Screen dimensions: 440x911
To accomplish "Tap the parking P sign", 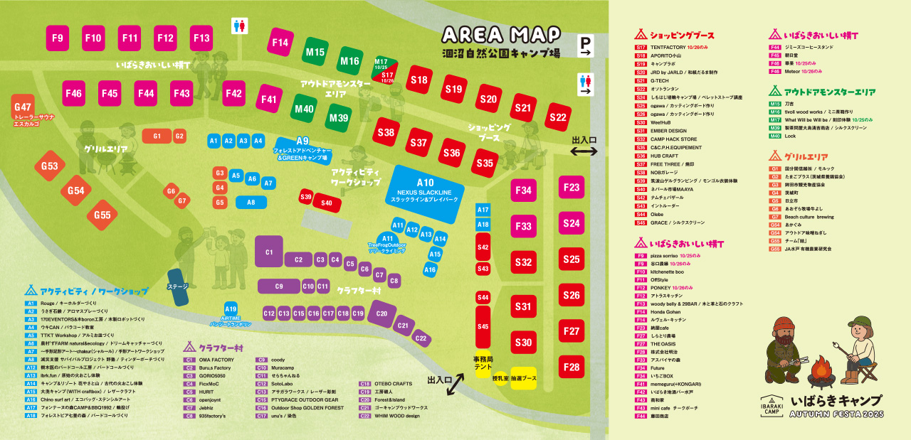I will point(585,45).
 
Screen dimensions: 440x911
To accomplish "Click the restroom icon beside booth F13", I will point(240,26).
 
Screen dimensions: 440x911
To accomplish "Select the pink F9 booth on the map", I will point(58,38).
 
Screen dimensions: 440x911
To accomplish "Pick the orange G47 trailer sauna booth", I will point(22,110).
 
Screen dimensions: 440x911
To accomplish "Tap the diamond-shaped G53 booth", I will point(49,166).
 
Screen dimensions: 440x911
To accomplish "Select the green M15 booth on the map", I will point(315,52).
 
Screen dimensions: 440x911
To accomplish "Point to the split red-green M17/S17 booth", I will point(384,70).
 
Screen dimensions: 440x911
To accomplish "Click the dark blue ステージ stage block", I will point(178,285).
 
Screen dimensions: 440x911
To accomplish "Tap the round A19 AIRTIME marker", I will point(231,309).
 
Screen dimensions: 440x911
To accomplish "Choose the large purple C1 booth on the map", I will point(269,252).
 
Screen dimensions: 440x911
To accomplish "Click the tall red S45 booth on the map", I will point(483,326).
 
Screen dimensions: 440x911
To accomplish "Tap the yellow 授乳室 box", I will point(500,378).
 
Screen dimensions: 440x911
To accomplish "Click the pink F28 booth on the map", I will point(572,367).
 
